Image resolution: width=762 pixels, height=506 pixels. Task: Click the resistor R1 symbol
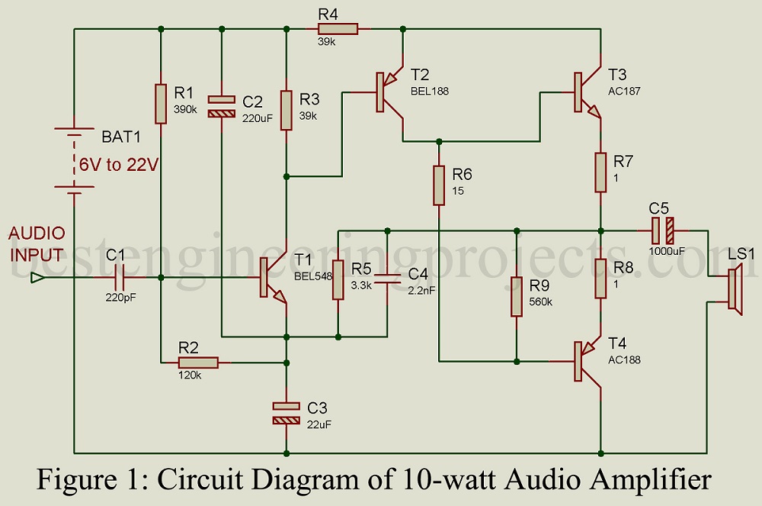coord(161,104)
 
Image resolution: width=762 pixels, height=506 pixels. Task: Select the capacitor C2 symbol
coord(222,106)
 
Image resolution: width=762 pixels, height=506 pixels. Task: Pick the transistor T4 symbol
coord(586,360)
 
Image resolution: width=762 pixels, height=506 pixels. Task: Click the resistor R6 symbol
coord(439,185)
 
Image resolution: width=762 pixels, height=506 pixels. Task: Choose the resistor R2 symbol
coord(198,363)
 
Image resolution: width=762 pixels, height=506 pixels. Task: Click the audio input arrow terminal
coord(36,278)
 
